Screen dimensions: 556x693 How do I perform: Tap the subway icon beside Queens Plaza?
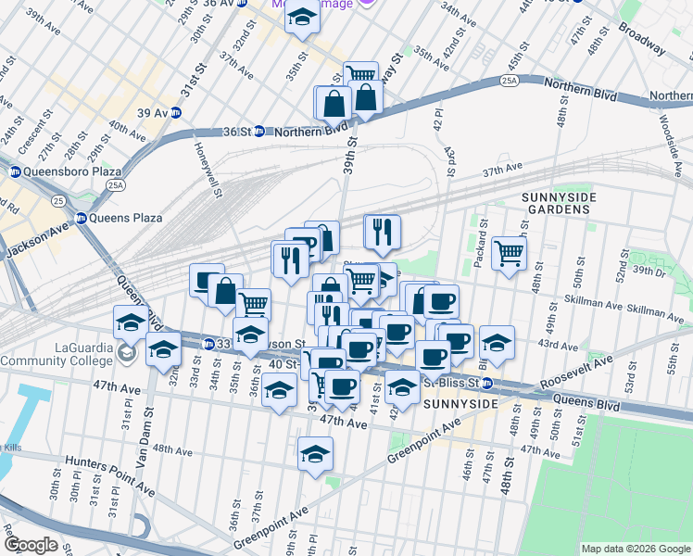coord(82,219)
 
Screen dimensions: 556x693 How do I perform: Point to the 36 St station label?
coord(238,132)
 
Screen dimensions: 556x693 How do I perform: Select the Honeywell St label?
coord(206,171)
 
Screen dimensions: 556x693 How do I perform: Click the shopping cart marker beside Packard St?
coord(509,252)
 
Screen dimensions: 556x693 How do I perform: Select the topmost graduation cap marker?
coord(302,18)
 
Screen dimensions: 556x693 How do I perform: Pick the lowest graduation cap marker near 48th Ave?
coord(315,455)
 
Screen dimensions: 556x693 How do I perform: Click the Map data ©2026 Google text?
coord(635,549)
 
